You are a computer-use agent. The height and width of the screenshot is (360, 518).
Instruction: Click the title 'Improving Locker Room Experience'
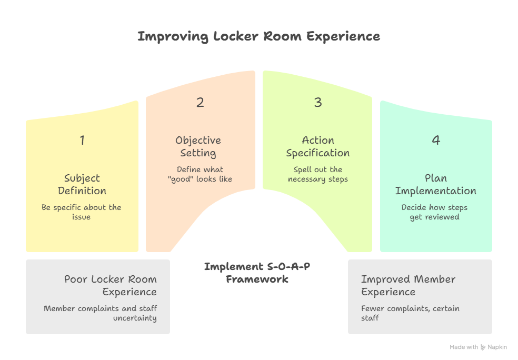click(258, 36)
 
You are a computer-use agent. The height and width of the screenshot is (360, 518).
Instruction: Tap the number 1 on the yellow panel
click(82, 140)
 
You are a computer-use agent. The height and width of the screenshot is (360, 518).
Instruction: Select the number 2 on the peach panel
click(200, 102)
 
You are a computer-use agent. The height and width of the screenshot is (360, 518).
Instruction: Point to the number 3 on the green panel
click(318, 102)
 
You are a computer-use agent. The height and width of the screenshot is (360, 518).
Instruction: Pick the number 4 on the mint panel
click(436, 140)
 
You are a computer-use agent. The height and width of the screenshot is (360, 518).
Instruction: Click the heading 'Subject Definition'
click(82, 184)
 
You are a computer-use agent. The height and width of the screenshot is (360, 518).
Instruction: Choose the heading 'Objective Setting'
click(198, 146)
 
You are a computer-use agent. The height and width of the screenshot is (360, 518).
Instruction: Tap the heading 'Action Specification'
click(318, 146)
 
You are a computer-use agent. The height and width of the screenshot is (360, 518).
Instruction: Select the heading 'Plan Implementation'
click(436, 184)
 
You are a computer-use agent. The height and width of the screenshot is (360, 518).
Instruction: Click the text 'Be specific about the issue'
click(82, 212)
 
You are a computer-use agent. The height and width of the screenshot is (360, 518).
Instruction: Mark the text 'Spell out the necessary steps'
click(318, 174)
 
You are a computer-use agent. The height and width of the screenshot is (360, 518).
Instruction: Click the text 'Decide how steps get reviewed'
click(434, 212)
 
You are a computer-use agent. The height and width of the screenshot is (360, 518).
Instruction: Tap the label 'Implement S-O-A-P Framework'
click(257, 272)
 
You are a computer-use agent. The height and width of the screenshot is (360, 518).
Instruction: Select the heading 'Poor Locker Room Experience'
click(111, 285)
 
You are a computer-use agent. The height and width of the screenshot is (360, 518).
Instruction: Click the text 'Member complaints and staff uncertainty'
click(101, 313)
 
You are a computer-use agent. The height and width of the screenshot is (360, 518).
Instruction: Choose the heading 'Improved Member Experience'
click(408, 285)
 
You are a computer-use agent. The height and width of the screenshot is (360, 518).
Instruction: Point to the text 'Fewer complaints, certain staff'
click(410, 313)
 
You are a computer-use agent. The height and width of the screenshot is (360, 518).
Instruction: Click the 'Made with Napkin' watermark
click(478, 347)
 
